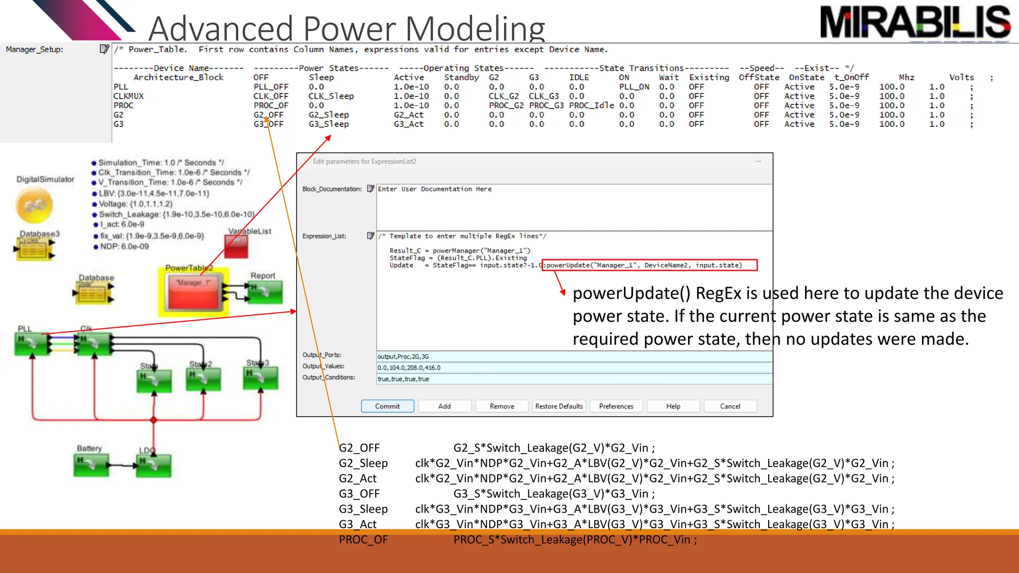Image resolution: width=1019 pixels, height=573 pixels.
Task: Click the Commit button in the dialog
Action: tap(387, 406)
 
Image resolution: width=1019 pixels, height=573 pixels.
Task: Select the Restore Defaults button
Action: tap(559, 406)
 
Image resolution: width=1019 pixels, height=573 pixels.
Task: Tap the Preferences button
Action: tap(616, 406)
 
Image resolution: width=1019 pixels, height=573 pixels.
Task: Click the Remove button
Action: tap(502, 406)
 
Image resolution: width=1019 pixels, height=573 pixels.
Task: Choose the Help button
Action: tap(673, 406)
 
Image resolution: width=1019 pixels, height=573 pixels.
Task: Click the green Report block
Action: tap(265, 292)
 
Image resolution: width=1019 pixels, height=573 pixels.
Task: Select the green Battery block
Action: tap(91, 466)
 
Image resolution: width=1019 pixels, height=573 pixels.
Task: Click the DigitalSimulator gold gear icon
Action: tap(34, 205)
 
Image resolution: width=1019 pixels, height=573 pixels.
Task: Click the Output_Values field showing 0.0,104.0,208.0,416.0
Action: tap(574, 368)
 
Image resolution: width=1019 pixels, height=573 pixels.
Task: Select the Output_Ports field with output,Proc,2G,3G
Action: tap(574, 357)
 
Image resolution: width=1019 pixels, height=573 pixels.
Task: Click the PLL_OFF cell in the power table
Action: tap(271, 87)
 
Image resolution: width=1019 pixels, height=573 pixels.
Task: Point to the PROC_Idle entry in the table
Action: tap(591, 105)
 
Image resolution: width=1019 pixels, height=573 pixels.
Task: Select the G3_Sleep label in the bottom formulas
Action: tap(363, 509)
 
